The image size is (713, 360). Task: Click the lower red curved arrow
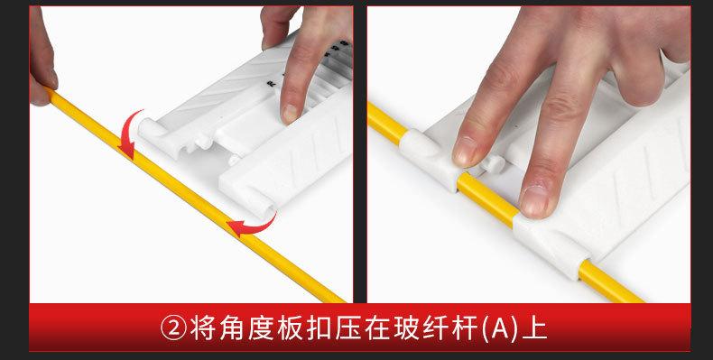254,222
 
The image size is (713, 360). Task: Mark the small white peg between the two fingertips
495,163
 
